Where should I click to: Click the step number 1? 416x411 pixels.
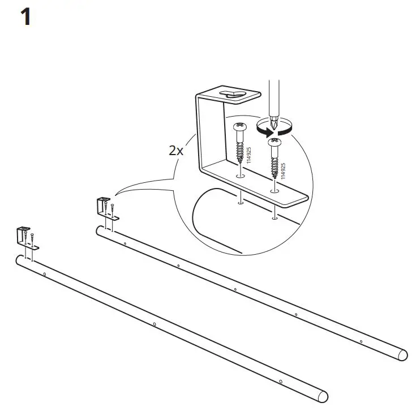pos(25,18)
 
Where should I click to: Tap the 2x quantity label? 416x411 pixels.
pos(176,151)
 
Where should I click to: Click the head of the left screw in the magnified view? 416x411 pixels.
pos(240,126)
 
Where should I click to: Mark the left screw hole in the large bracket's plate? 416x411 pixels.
pos(240,177)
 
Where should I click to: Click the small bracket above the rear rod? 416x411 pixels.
pos(105,207)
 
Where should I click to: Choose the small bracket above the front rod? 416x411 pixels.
pos(25,237)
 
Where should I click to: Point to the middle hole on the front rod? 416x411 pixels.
pos(154,324)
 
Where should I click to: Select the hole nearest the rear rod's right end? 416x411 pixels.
pos(362,341)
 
